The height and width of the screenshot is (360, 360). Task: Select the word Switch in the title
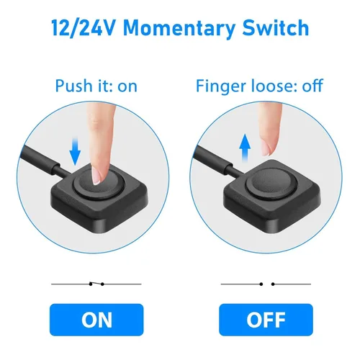pyautogui.click(x=276, y=27)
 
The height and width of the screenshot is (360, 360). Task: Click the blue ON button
pyautogui.click(x=96, y=320)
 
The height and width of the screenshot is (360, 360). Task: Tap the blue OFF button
pyautogui.click(x=266, y=320)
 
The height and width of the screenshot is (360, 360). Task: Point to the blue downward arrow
pyautogui.click(x=75, y=151)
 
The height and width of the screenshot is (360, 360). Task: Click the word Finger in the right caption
pyautogui.click(x=221, y=86)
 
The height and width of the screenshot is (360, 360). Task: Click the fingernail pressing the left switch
pyautogui.click(x=96, y=176)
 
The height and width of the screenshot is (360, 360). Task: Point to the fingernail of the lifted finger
pyautogui.click(x=266, y=148)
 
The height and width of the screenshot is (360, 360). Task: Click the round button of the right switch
pyautogui.click(x=271, y=183)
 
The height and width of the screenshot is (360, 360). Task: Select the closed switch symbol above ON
pyautogui.click(x=96, y=284)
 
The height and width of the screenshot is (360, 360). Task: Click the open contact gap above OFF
pyautogui.click(x=267, y=284)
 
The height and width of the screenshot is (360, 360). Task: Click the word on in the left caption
pyautogui.click(x=127, y=87)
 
